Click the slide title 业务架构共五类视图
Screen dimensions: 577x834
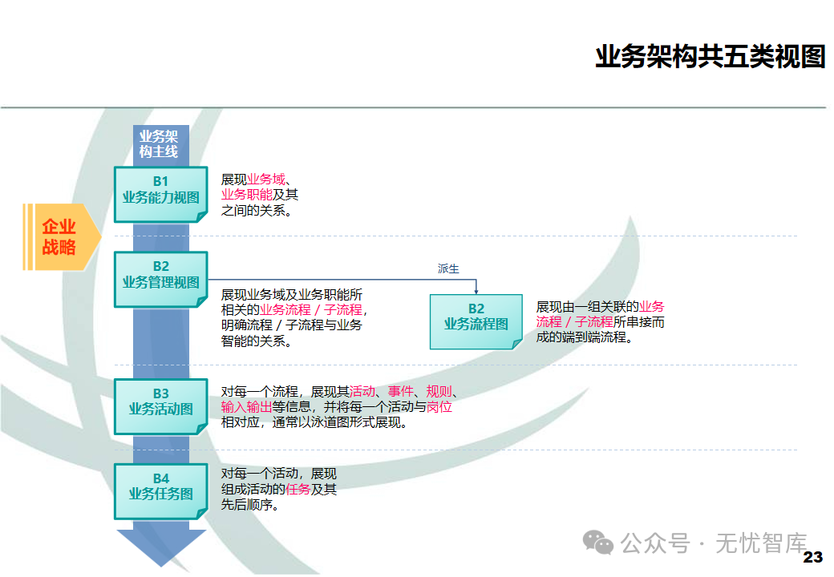[x=710, y=57]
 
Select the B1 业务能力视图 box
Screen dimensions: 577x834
[x=160, y=194]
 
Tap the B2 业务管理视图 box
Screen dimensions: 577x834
[x=160, y=278]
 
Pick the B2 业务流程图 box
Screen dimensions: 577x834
[x=476, y=321]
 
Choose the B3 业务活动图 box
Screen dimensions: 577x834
[x=160, y=406]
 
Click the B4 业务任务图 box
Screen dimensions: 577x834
[x=160, y=490]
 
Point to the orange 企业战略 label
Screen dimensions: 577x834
[x=60, y=237]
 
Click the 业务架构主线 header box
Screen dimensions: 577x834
[x=159, y=143]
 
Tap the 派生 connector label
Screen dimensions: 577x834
[x=448, y=269]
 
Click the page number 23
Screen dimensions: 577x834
[x=812, y=557]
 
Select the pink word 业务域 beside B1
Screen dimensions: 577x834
[x=266, y=180]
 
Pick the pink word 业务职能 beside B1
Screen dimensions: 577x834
[x=247, y=195]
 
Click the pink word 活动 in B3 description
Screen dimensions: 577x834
[x=362, y=392]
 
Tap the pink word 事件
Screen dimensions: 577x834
[x=401, y=392]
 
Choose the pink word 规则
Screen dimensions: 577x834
[x=439, y=392]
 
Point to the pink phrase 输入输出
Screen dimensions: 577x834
[x=247, y=407]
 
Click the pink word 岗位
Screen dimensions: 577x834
[x=439, y=407]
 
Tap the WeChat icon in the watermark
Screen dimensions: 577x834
[x=598, y=543]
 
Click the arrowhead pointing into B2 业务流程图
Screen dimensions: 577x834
[x=476, y=292]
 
